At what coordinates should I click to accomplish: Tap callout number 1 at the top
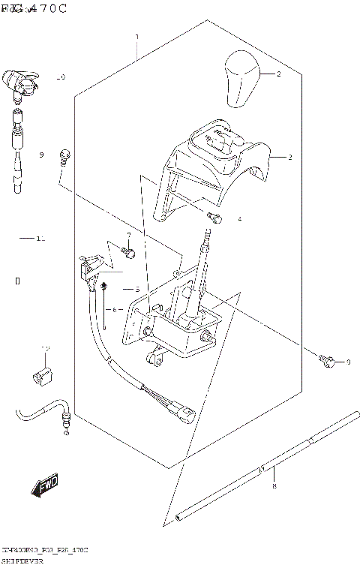tap(136, 37)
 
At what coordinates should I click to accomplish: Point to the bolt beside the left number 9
tap(66, 155)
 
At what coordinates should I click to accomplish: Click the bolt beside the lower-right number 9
tap(325, 361)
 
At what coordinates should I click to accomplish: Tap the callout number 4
tap(239, 220)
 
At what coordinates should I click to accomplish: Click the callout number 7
tap(127, 235)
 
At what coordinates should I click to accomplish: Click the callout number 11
tap(40, 239)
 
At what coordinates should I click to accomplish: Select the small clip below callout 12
tap(42, 374)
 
